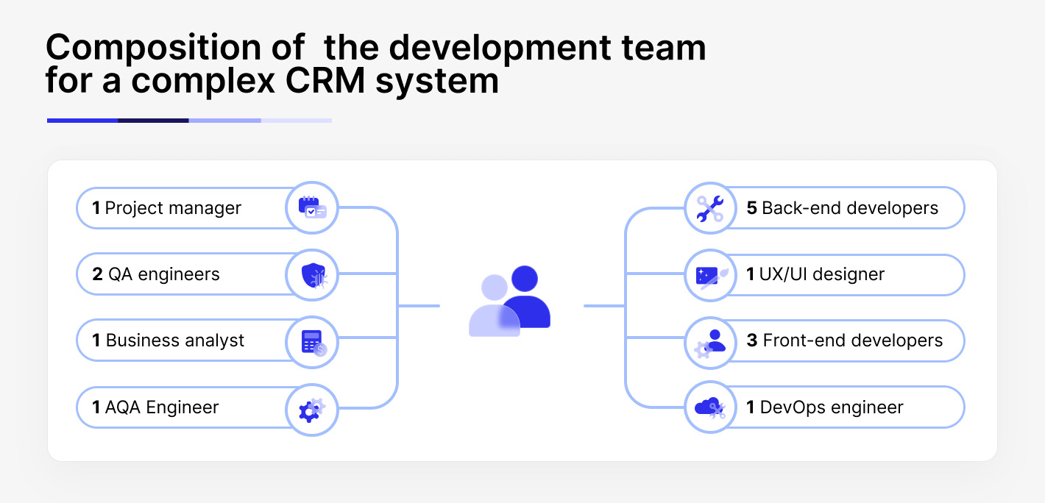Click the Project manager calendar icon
pyautogui.click(x=312, y=208)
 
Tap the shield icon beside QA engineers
pyautogui.click(x=312, y=275)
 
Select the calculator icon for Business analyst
pyautogui.click(x=312, y=341)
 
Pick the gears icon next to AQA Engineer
pyautogui.click(x=312, y=408)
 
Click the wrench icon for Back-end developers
pyautogui.click(x=710, y=208)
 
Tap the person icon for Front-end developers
pyautogui.click(x=710, y=342)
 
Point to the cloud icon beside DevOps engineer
pyautogui.click(x=710, y=407)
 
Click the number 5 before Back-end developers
pyautogui.click(x=751, y=208)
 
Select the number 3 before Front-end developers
pyautogui.click(x=751, y=340)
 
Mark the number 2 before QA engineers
pyautogui.click(x=97, y=274)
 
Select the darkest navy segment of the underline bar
pyautogui.click(x=153, y=120)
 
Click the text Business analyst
pyautogui.click(x=175, y=340)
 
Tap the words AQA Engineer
pyautogui.click(x=162, y=407)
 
